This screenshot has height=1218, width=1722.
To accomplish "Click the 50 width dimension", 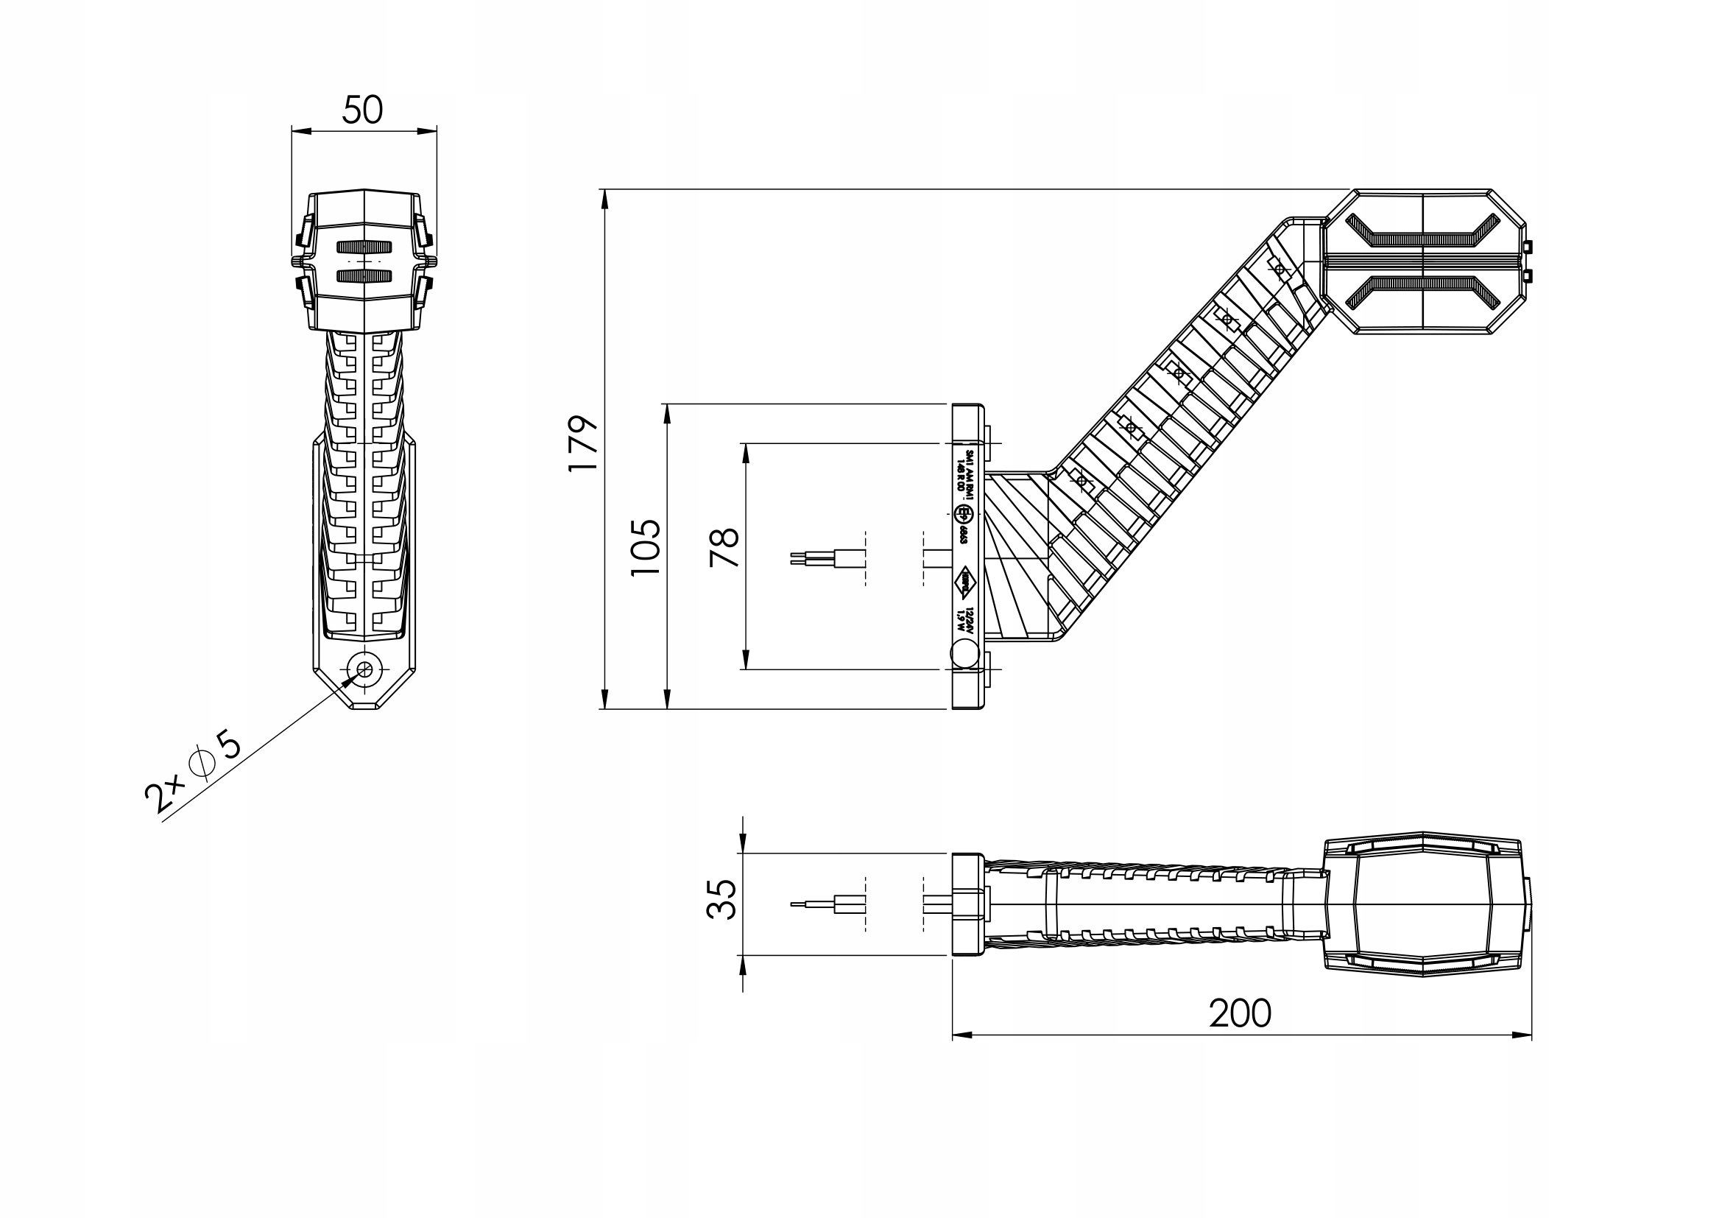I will [x=362, y=111].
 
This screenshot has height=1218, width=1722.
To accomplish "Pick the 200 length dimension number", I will [x=1240, y=1014].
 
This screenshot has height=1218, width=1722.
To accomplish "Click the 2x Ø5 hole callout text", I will [x=194, y=773].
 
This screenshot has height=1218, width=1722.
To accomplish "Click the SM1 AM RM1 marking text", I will [x=964, y=471].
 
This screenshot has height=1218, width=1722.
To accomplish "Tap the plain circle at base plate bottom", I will [x=964, y=653].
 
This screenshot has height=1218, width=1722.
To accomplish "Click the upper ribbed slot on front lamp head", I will [x=364, y=247].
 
